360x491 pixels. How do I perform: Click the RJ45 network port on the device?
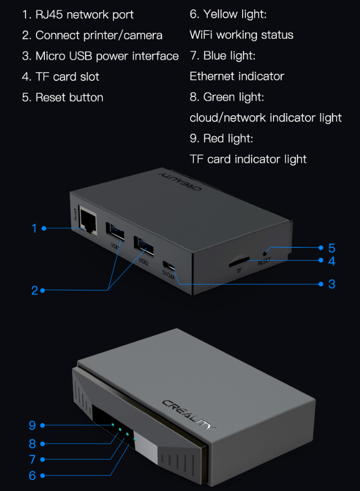pyautogui.click(x=86, y=221)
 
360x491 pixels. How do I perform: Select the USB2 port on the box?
pyautogui.click(x=143, y=245)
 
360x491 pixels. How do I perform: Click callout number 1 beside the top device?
pyautogui.click(x=34, y=228)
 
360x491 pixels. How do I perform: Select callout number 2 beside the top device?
pyautogui.click(x=34, y=290)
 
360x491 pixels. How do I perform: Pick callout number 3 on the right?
pyautogui.click(x=331, y=284)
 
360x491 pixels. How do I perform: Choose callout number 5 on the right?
pyautogui.click(x=331, y=248)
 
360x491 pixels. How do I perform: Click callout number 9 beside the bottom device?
pyautogui.click(x=32, y=425)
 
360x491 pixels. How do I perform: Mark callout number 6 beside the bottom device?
pyautogui.click(x=32, y=475)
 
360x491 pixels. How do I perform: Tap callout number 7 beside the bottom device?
pyautogui.click(x=32, y=459)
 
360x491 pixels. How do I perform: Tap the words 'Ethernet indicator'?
pyautogui.click(x=236, y=76)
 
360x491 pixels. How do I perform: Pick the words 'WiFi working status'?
pyautogui.click(x=241, y=35)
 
